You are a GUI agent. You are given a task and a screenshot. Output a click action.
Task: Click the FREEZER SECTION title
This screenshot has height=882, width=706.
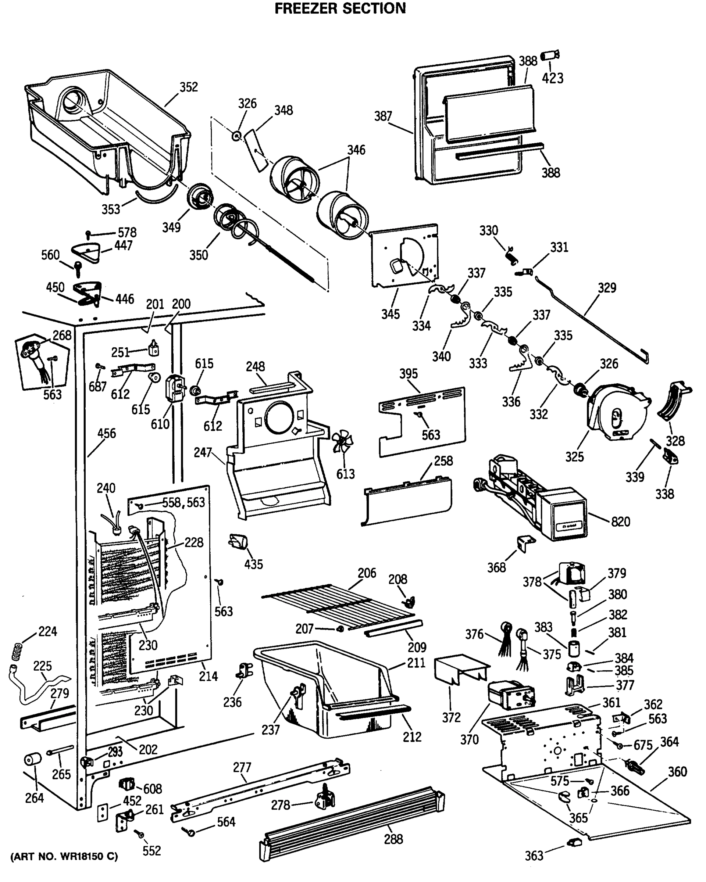click(x=340, y=8)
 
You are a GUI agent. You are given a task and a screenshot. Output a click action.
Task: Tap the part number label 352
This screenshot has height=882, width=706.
click(x=189, y=87)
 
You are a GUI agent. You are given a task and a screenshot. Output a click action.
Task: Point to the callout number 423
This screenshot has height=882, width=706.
click(x=553, y=78)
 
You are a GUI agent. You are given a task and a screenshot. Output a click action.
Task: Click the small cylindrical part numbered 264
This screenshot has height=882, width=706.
click(x=33, y=760)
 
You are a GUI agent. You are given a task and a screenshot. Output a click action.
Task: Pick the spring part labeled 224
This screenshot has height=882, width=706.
click(x=15, y=652)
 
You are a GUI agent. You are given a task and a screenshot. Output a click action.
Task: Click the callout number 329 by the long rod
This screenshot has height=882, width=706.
click(x=607, y=288)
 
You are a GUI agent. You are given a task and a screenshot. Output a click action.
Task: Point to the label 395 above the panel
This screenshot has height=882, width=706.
click(x=409, y=373)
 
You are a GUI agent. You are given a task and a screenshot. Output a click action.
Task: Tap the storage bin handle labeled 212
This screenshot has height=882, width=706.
click(x=372, y=714)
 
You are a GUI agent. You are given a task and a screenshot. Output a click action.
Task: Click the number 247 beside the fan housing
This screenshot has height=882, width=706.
click(x=203, y=452)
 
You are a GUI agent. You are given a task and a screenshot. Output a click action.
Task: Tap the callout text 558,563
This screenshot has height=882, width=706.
click(x=184, y=502)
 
